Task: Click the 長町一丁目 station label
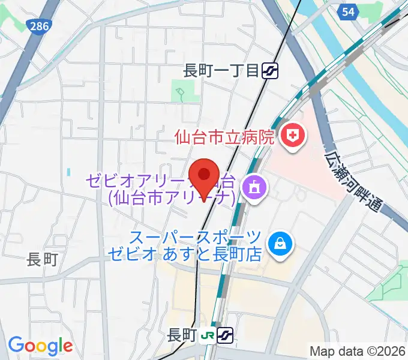pos(220,71)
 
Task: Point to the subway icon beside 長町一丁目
pos(269,71)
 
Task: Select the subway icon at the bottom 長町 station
pos(225,334)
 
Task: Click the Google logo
pos(40,346)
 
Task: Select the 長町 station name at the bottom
pos(182,335)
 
